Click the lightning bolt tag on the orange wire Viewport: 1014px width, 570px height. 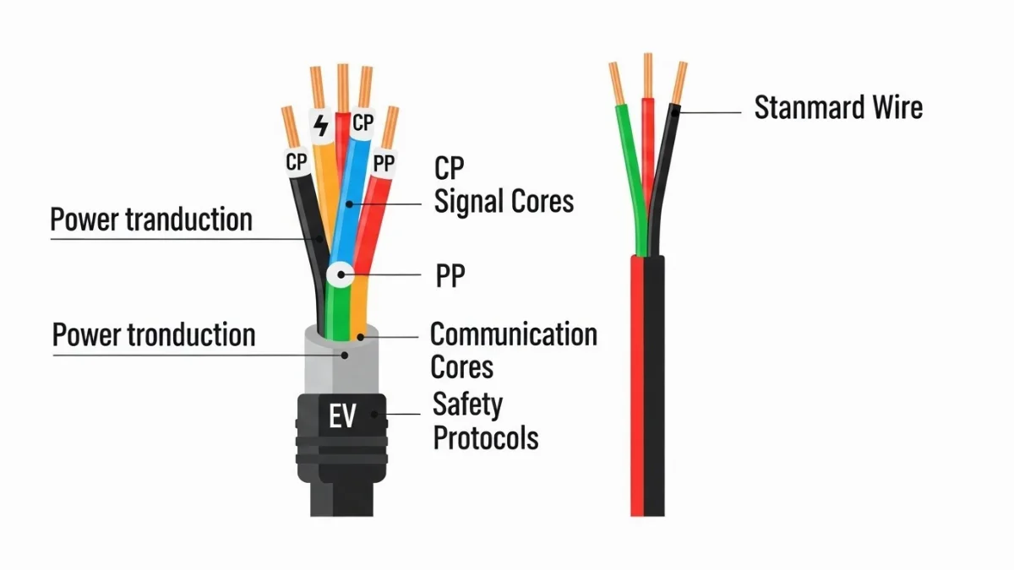point(321,126)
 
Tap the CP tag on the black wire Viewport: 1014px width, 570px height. point(296,161)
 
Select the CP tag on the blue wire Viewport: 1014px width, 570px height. point(363,122)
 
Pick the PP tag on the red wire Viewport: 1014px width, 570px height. point(384,164)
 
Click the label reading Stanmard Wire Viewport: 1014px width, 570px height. point(837,108)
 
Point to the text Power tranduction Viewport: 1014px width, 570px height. point(151,220)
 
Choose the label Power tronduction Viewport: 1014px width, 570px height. point(153,334)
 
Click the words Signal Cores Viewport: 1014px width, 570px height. point(504,202)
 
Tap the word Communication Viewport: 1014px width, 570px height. point(513,334)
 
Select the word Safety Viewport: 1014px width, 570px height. point(467,404)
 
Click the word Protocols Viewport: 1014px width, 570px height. point(485,438)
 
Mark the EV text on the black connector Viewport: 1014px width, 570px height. point(341,416)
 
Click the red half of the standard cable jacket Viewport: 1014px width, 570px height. point(637,380)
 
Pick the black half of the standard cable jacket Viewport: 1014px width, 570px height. point(655,380)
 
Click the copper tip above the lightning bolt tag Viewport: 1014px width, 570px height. point(317,88)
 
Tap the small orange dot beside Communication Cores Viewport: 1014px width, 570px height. point(362,337)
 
